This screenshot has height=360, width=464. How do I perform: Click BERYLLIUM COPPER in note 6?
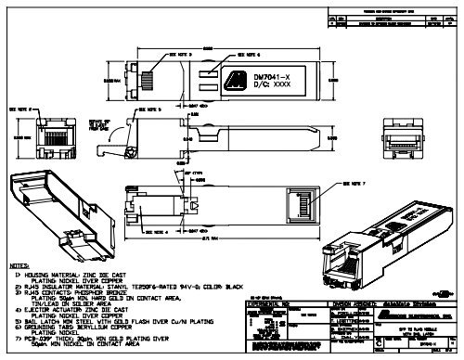[x=121, y=326]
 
